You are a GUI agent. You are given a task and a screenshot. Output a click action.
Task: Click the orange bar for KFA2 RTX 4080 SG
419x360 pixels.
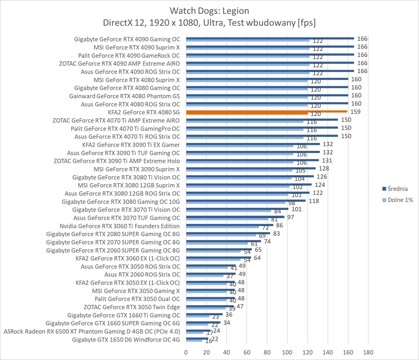267,112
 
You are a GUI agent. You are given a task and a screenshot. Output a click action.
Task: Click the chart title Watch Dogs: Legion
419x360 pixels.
209,10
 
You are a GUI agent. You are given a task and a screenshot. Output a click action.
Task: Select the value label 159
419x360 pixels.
355,112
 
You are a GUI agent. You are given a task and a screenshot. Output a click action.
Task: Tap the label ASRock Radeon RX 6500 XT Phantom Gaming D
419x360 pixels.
92,331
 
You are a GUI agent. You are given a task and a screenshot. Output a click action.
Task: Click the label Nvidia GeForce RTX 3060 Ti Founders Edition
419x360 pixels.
120,226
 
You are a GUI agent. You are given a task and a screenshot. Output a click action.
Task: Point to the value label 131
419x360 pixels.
327,161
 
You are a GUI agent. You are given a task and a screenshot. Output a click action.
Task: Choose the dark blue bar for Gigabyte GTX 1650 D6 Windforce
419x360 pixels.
197,338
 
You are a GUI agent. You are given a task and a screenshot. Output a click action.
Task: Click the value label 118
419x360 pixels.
314,201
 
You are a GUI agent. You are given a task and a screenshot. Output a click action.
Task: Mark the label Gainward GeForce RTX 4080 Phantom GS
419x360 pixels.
124,96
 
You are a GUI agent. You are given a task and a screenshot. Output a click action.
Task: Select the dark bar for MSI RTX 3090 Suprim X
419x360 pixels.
251,168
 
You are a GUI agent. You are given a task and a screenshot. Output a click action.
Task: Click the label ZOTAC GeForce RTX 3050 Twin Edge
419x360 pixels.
132,307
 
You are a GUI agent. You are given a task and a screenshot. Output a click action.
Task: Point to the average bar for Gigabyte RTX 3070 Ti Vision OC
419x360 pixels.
237,208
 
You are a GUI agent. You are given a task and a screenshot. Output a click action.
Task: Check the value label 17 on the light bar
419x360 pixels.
210,333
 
